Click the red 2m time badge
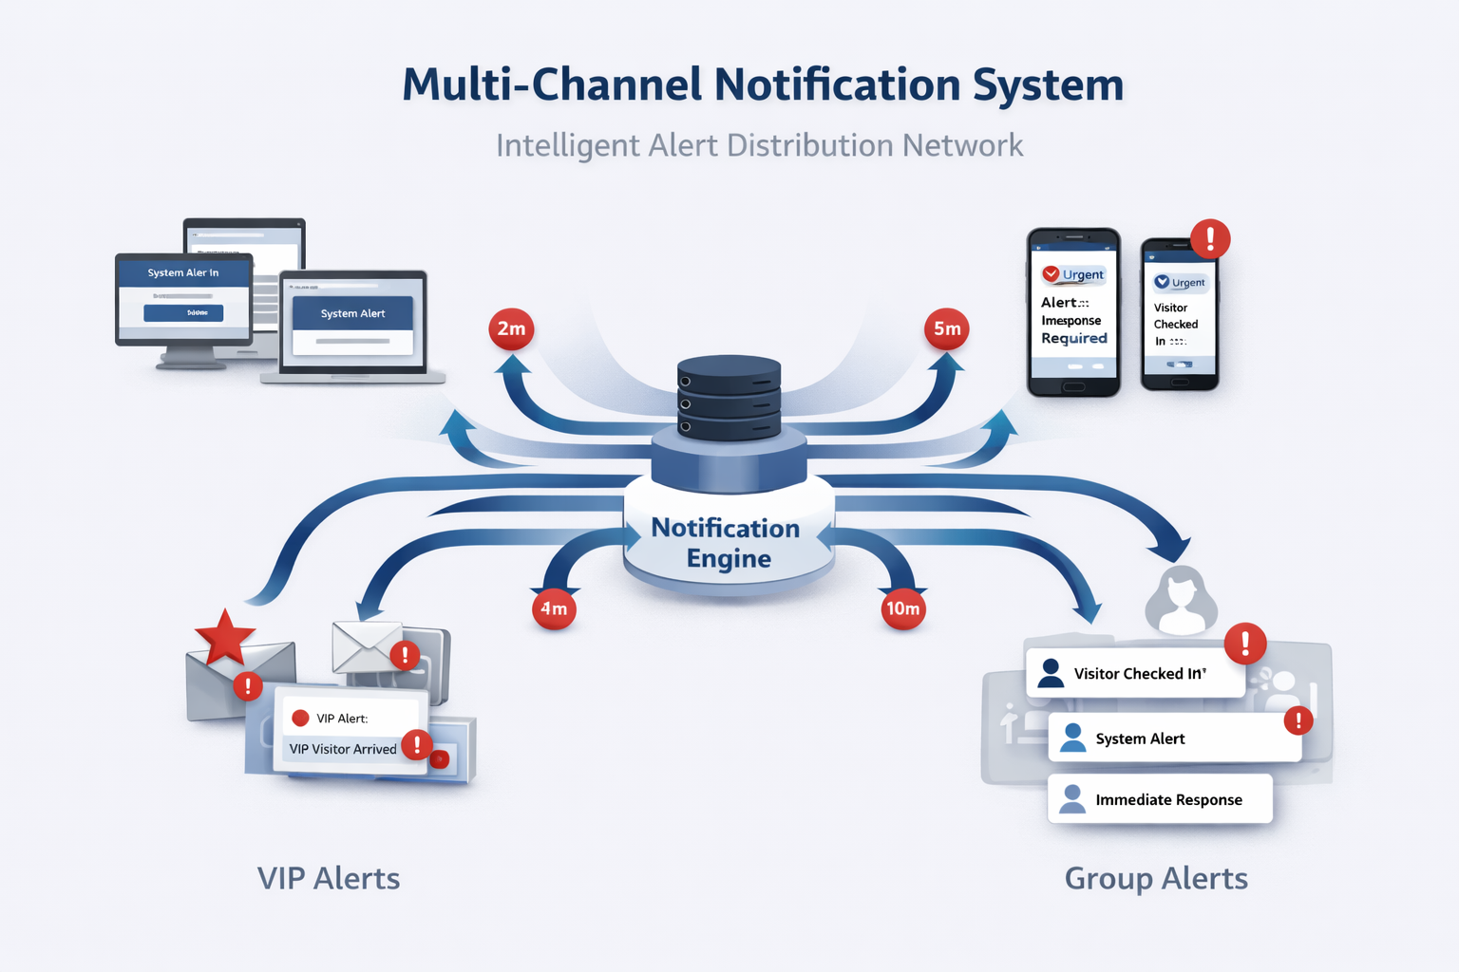click(511, 329)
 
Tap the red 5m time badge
click(946, 329)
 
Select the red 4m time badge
click(554, 608)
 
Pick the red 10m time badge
click(902, 608)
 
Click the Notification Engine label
click(727, 543)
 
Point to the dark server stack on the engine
click(729, 397)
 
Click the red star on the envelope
click(225, 637)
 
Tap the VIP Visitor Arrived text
click(343, 749)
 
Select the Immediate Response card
click(1160, 799)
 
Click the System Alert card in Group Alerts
click(1174, 738)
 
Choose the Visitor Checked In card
click(1135, 673)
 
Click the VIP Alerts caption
click(329, 878)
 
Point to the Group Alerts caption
click(1156, 878)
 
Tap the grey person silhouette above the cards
click(1181, 600)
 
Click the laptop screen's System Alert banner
click(352, 313)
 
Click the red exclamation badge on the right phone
click(1209, 238)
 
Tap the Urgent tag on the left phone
click(1074, 274)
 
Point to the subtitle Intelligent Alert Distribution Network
click(759, 145)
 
